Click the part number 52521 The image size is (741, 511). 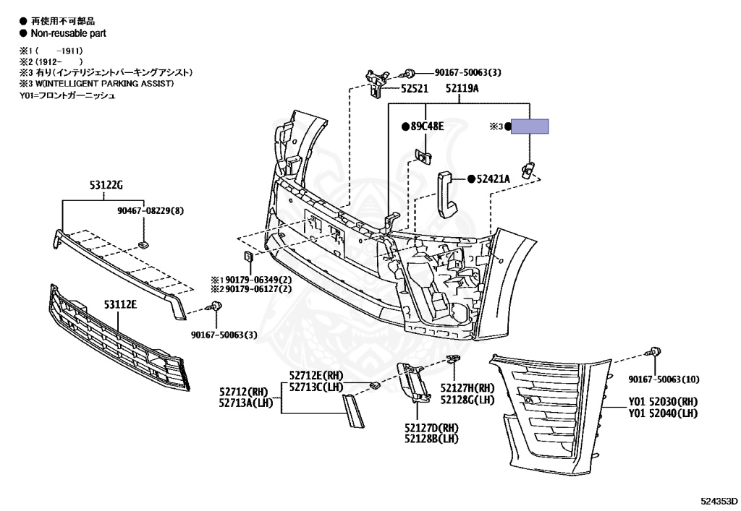[415, 89]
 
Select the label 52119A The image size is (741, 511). [462, 89]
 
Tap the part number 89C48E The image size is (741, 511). [428, 126]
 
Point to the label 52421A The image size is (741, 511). [494, 179]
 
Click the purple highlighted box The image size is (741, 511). [530, 126]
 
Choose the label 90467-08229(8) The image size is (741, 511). [151, 211]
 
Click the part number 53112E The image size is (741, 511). [120, 304]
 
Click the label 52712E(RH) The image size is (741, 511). [316, 376]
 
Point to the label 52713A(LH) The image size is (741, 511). [246, 403]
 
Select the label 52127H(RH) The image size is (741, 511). [467, 388]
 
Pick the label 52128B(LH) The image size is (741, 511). [431, 438]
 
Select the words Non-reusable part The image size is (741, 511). [69, 33]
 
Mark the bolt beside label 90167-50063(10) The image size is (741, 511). [656, 352]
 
